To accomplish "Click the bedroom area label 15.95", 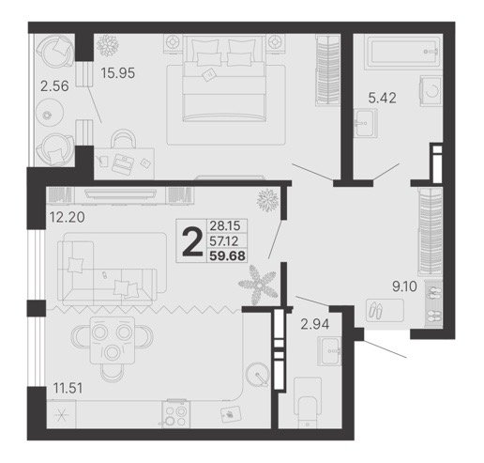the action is coord(118,73).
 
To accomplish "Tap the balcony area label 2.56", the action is coord(54,86).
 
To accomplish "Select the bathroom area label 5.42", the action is coord(382,98).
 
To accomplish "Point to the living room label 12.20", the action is coord(68,217).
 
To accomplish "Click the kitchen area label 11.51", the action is coord(68,388).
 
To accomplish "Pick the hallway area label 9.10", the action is coord(404,286).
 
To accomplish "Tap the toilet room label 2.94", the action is coord(315,324).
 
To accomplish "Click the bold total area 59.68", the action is coord(227,255).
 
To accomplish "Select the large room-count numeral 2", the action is coord(192,241).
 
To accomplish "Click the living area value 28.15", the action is coord(225,225).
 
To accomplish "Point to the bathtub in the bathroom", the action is coord(403,53).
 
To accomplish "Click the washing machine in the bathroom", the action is coord(431,91).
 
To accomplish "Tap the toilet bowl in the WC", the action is coord(308,403).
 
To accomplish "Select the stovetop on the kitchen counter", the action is coord(176,413).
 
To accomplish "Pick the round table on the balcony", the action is coord(49,113).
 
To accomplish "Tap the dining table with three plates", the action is coord(113,340).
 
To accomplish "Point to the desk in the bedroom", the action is coord(125,163).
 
